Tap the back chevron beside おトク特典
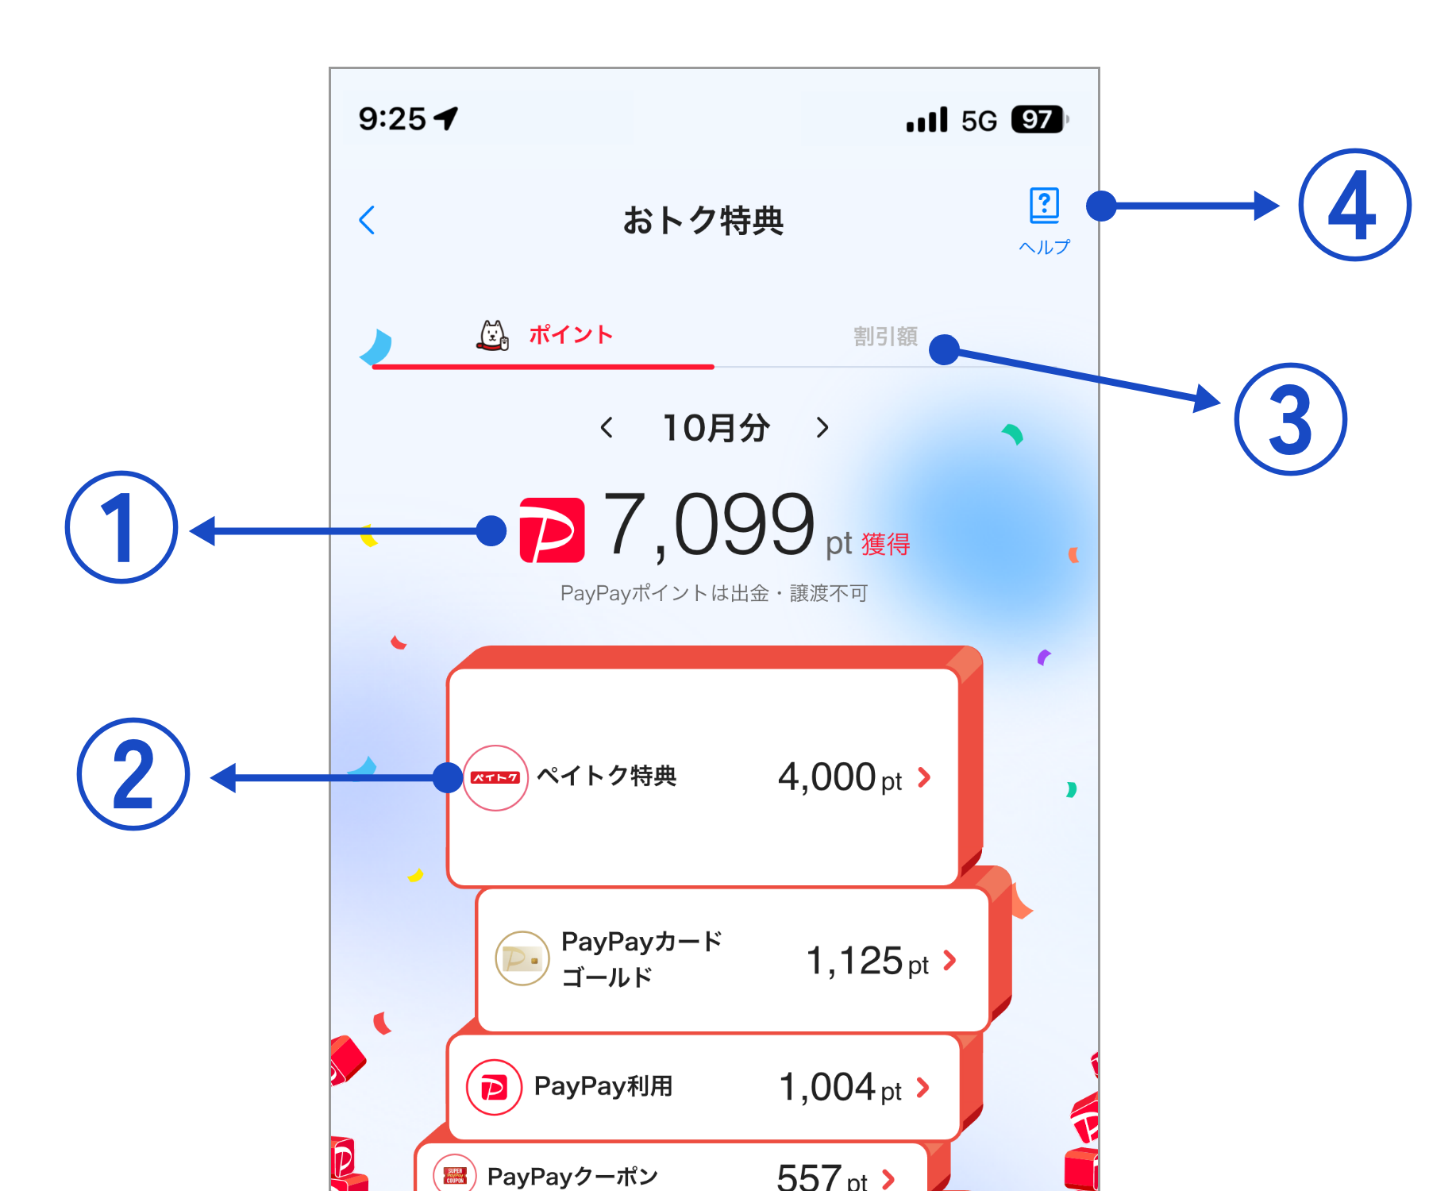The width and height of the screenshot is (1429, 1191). point(367,220)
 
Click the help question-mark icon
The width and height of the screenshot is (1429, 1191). point(1044,206)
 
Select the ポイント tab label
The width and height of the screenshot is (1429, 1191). point(571,335)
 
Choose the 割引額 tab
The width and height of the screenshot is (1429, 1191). point(885,337)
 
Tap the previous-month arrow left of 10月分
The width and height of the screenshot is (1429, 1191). point(607,428)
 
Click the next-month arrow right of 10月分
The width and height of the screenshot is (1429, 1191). point(822,428)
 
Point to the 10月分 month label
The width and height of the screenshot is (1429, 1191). point(716,428)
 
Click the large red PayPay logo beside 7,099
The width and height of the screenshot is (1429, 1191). point(552,530)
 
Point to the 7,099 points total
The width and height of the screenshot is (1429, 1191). point(709,525)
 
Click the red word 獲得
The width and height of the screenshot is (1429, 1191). point(886,545)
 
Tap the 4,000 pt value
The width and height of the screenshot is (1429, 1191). point(839,777)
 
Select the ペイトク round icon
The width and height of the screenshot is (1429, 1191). point(495,777)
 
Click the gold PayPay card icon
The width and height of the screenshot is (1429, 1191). point(522,958)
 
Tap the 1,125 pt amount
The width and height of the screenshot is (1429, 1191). point(866,962)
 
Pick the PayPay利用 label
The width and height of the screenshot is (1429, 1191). point(603,1086)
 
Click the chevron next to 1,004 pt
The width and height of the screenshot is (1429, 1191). point(923,1087)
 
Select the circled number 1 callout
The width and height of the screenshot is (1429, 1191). point(121,528)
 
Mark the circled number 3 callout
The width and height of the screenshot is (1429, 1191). point(1290,419)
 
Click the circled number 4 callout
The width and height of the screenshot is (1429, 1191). point(1354,205)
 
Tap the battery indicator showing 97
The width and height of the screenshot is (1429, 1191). point(1038,120)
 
